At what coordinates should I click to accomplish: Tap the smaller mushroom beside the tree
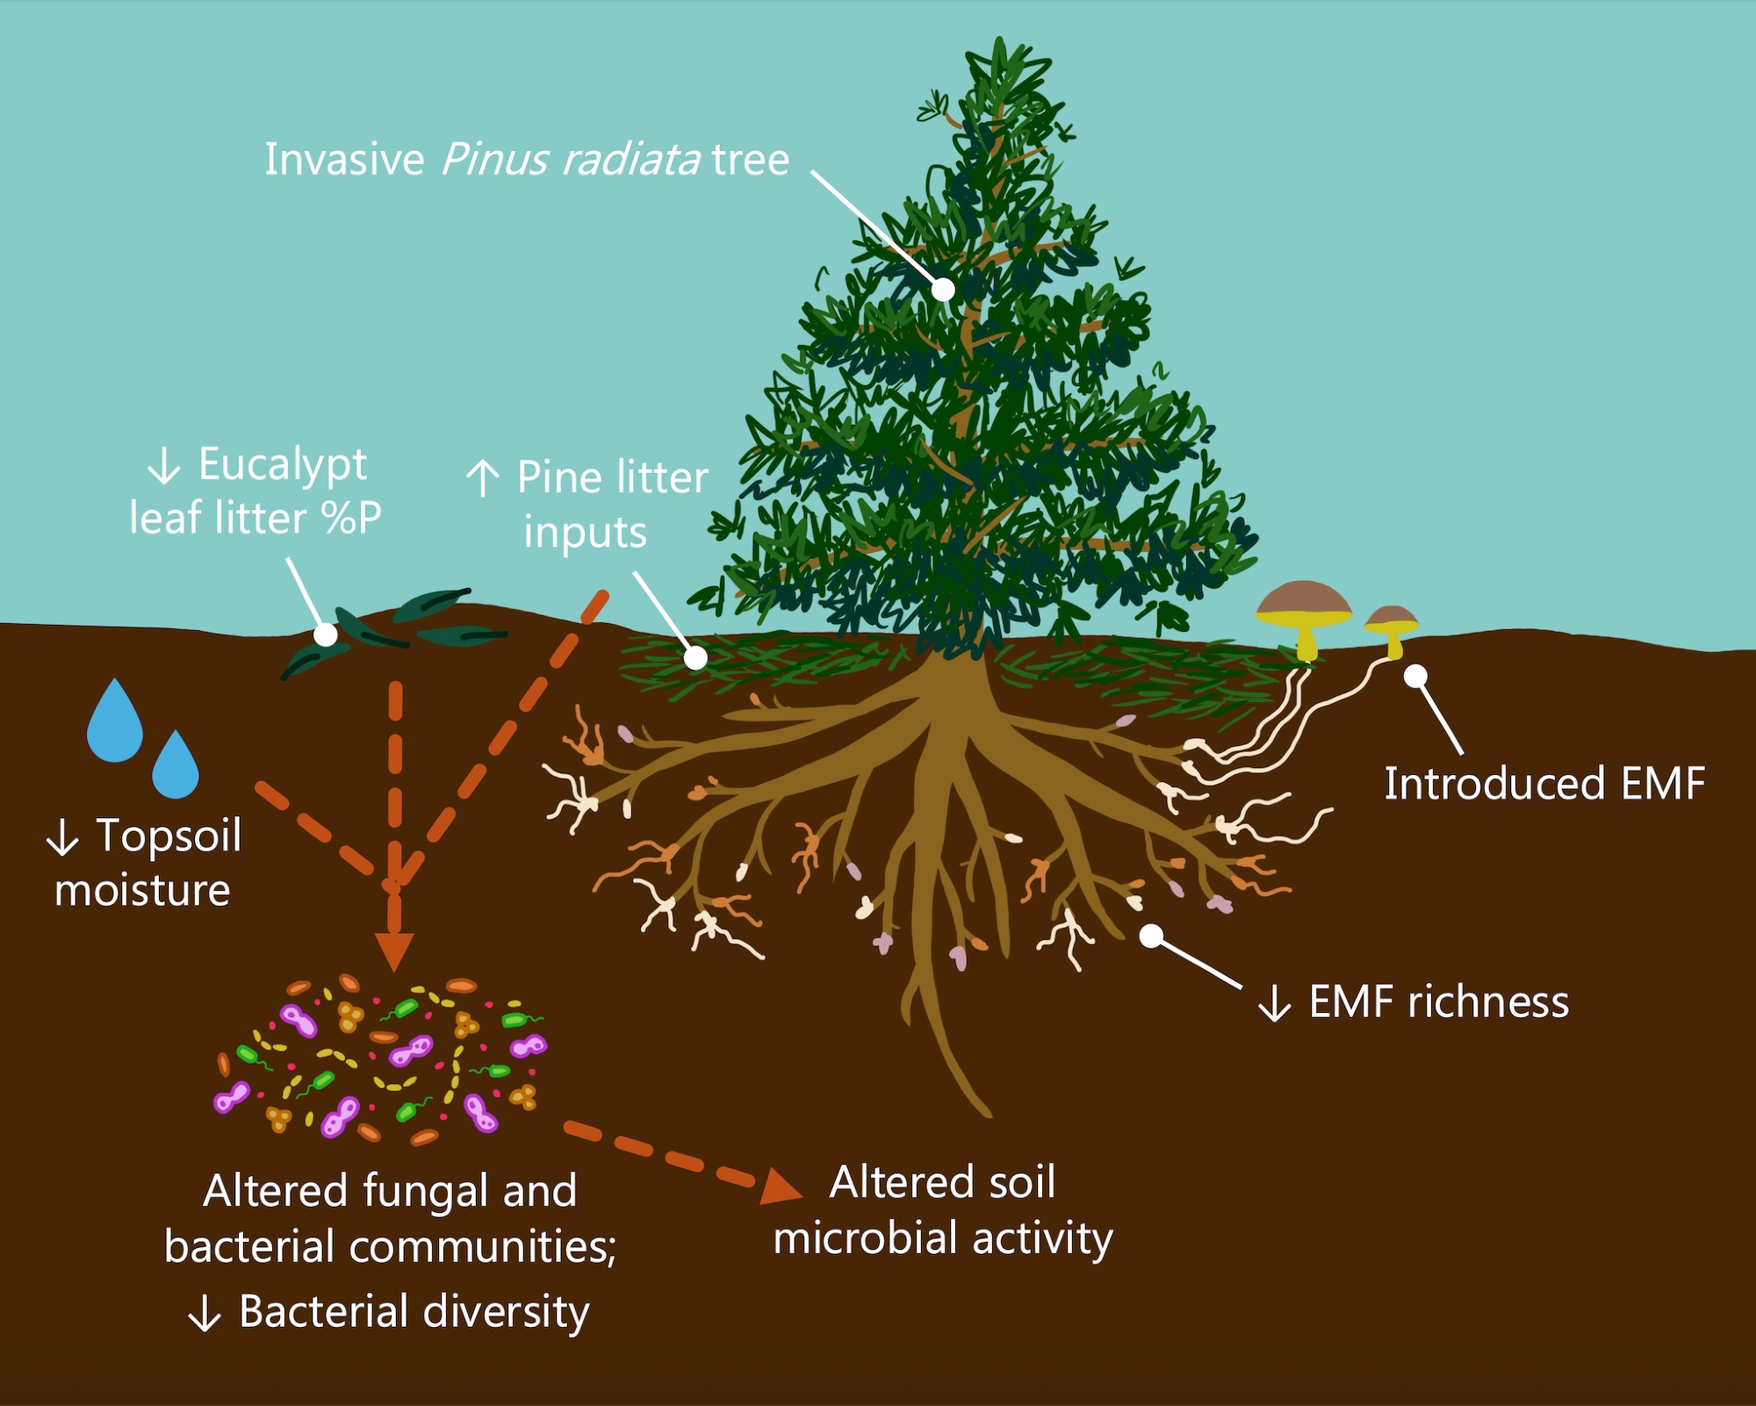pyautogui.click(x=1392, y=625)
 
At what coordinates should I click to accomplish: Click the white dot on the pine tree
pyautogui.click(x=943, y=289)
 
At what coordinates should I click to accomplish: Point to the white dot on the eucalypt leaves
pyautogui.click(x=326, y=635)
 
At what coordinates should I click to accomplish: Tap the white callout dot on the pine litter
pyautogui.click(x=695, y=656)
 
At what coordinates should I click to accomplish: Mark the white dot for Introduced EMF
pyautogui.click(x=1415, y=676)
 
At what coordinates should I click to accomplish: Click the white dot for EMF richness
pyautogui.click(x=1151, y=936)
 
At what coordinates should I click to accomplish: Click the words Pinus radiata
pyautogui.click(x=570, y=160)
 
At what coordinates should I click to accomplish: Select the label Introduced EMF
pyautogui.click(x=1544, y=783)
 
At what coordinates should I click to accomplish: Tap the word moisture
pyautogui.click(x=142, y=890)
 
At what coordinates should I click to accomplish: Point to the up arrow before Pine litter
pyautogui.click(x=482, y=479)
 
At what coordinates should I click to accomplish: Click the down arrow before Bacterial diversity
pyautogui.click(x=205, y=1315)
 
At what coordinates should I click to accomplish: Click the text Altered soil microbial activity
pyautogui.click(x=943, y=1210)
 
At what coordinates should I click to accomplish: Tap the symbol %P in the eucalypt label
pyautogui.click(x=351, y=518)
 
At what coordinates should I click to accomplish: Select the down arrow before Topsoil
pyautogui.click(x=62, y=837)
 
